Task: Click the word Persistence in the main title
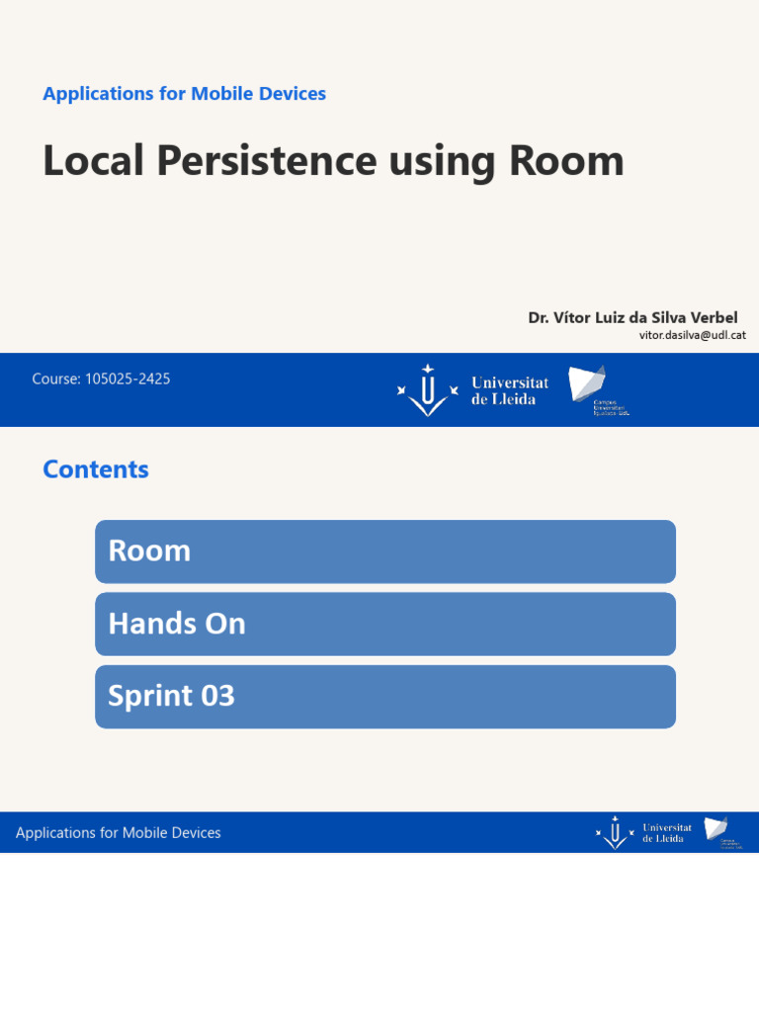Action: coord(265,161)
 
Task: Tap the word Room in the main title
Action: coord(566,161)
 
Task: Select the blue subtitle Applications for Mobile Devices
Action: coord(184,94)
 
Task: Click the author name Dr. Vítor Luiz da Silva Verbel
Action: coord(632,317)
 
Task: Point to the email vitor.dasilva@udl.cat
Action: coord(692,335)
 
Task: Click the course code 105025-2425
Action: coord(127,379)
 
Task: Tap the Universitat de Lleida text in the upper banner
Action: coord(510,390)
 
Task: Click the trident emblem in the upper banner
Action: coord(427,390)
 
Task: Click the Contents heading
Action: coord(96,469)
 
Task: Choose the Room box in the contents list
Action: coord(385,551)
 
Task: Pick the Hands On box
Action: coord(385,624)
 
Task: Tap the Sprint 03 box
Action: coord(385,697)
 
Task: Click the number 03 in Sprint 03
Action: coord(217,697)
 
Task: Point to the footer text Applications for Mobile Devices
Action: coord(119,833)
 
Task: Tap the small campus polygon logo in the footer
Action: coord(716,828)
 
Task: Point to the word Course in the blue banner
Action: coord(54,379)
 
